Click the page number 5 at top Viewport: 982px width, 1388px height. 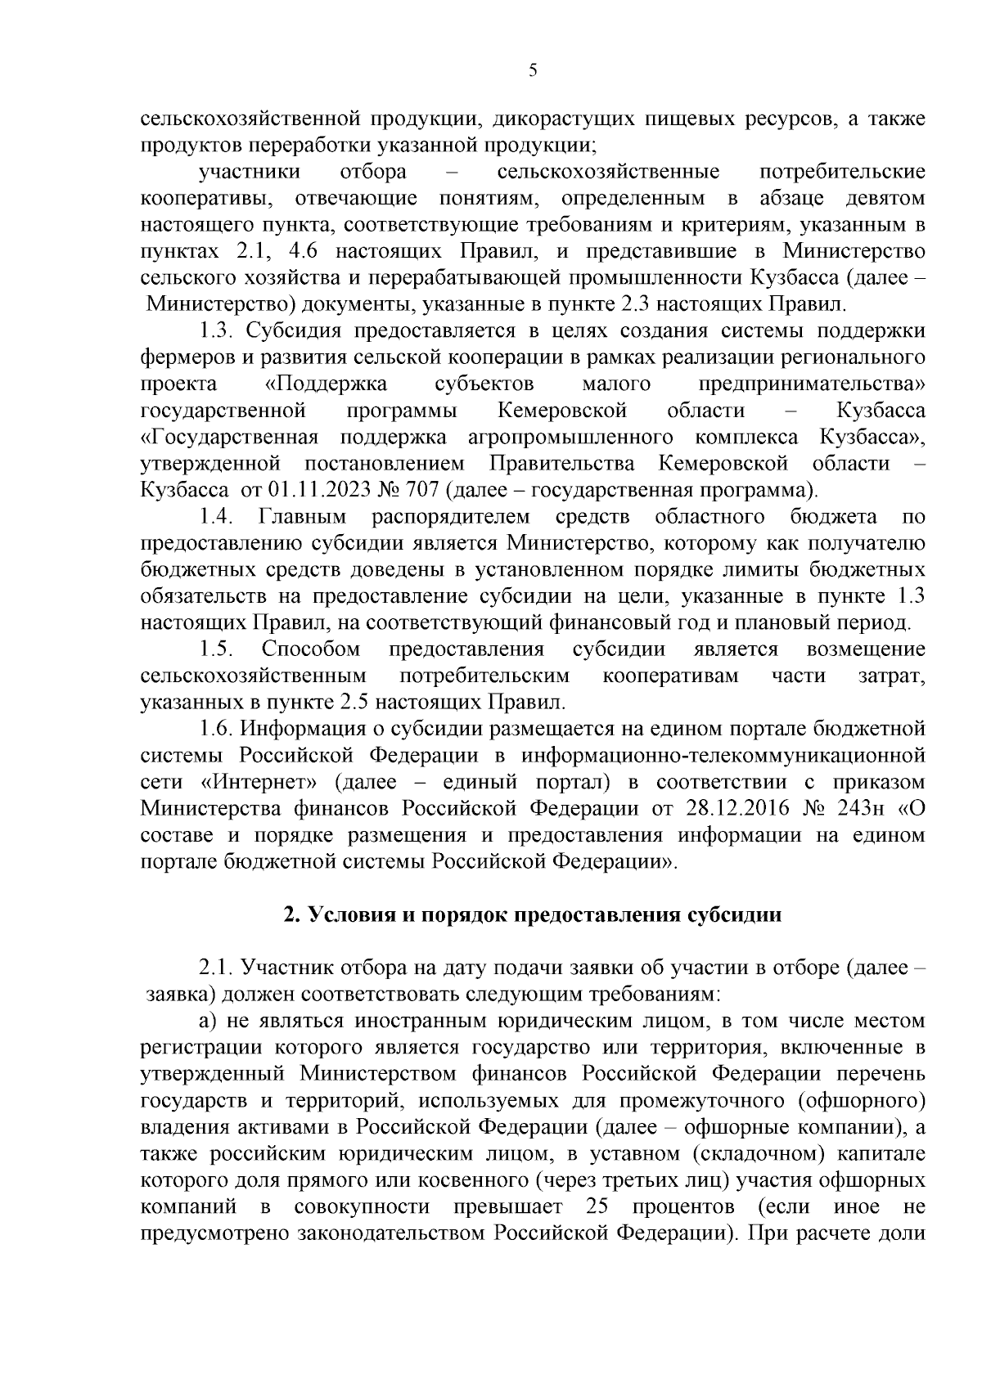pyautogui.click(x=533, y=71)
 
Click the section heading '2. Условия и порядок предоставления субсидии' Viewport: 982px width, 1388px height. pyautogui.click(x=533, y=914)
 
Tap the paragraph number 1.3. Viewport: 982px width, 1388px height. pyautogui.click(x=218, y=331)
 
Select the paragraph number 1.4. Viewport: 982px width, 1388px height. pyautogui.click(x=218, y=517)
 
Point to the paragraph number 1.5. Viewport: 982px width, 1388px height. pyautogui.click(x=218, y=649)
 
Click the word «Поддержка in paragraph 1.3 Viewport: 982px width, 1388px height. pyautogui.click(x=327, y=384)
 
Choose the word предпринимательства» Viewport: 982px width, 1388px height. pyautogui.click(x=812, y=384)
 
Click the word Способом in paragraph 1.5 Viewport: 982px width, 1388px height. pyautogui.click(x=311, y=649)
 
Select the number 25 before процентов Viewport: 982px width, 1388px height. pyautogui.click(x=601, y=1206)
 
